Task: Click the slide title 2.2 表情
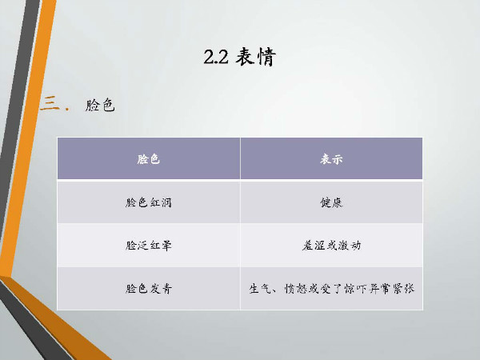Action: click(x=240, y=57)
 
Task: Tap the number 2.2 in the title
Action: click(x=216, y=57)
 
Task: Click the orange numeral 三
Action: click(x=50, y=103)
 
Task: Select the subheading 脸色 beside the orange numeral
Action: click(x=100, y=105)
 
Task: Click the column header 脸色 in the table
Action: click(x=149, y=159)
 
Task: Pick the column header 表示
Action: click(x=331, y=159)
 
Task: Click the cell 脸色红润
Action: click(x=149, y=202)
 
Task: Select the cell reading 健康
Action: click(x=331, y=202)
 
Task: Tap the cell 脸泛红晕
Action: click(x=149, y=246)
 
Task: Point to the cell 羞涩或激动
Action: click(x=331, y=246)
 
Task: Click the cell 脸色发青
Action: click(x=149, y=288)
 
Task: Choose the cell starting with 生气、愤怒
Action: click(x=331, y=288)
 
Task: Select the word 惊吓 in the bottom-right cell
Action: click(x=355, y=288)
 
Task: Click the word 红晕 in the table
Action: click(x=161, y=246)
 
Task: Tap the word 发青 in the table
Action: click(x=161, y=288)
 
